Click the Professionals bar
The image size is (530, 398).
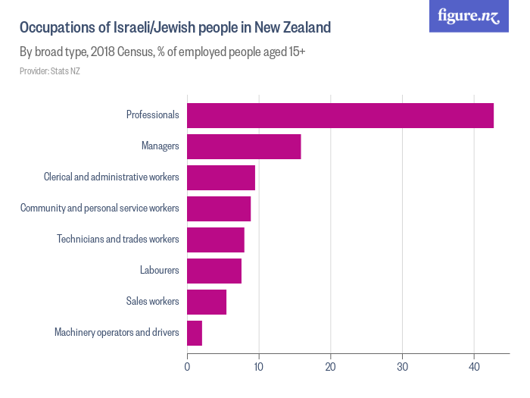click(x=340, y=115)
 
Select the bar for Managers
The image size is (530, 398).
click(x=244, y=146)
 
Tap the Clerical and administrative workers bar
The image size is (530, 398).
click(x=221, y=177)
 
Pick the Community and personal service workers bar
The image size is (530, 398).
click(x=219, y=208)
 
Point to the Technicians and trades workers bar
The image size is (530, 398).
click(x=216, y=240)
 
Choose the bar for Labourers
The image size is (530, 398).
click(x=214, y=271)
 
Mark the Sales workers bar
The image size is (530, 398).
click(x=207, y=302)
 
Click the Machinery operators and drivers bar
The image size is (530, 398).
click(x=195, y=333)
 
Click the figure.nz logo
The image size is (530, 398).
click(x=469, y=17)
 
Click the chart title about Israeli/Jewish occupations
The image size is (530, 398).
click(x=175, y=28)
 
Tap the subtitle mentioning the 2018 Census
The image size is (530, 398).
click(x=162, y=52)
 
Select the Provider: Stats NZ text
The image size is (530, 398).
click(x=50, y=71)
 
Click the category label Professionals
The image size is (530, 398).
click(x=152, y=115)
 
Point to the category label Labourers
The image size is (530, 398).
click(x=159, y=271)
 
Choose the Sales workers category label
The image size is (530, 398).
click(x=152, y=302)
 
